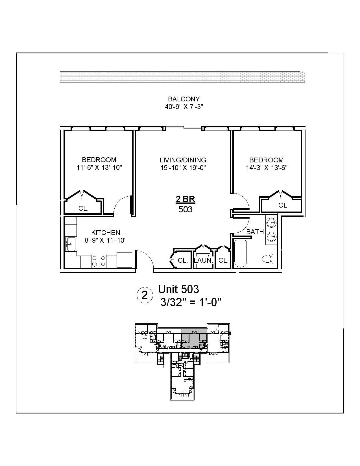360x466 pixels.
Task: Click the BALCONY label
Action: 184,99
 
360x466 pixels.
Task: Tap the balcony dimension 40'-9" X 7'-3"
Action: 184,107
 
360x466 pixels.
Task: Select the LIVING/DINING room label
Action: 183,160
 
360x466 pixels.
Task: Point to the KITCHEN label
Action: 106,233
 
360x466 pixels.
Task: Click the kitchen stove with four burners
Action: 99,261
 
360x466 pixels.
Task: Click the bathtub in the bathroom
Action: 241,253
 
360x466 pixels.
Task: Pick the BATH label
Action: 255,232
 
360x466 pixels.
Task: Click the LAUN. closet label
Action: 203,260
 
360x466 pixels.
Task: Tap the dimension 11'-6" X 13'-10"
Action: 99,167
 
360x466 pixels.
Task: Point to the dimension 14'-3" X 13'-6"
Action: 267,167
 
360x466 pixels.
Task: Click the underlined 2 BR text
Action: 186,199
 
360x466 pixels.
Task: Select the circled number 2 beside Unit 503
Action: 145,295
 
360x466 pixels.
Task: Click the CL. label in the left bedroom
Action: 84,209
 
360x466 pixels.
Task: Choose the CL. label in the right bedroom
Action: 283,205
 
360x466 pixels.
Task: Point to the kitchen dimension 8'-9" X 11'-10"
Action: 106,240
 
